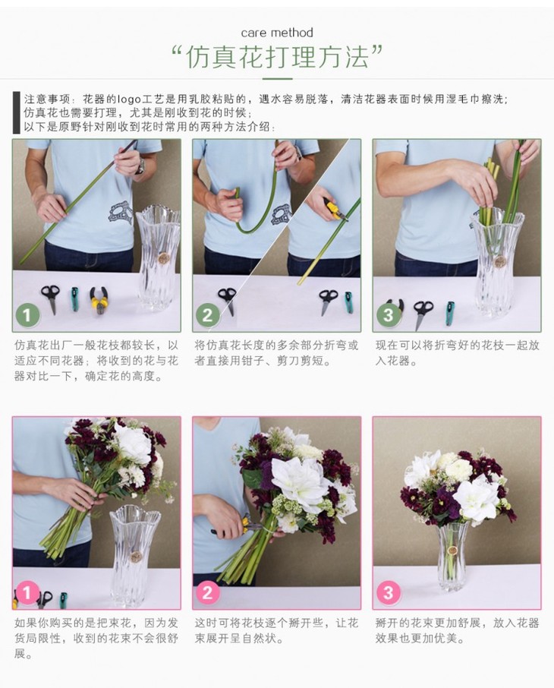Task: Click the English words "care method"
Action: (x=277, y=33)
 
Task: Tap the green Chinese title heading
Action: (x=277, y=57)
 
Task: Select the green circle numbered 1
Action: (x=27, y=315)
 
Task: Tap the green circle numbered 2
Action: (x=207, y=315)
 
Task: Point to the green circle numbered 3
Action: (x=389, y=315)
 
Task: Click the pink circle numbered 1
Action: (x=27, y=593)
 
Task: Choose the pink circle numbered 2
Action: (x=207, y=593)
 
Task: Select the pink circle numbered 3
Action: (x=389, y=593)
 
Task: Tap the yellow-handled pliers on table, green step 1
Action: (x=99, y=299)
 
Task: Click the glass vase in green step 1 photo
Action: (x=159, y=257)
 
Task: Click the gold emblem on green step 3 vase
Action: (x=499, y=261)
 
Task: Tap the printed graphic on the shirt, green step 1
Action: (x=121, y=213)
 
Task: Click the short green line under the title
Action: (x=277, y=79)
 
